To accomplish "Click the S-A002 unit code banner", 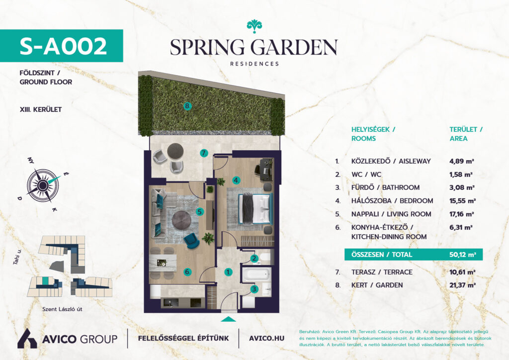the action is click(61, 46).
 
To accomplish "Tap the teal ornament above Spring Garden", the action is click(254, 26).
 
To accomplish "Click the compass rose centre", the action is click(43, 185).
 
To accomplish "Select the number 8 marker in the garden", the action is click(187, 106).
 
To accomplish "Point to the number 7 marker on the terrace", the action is click(204, 153).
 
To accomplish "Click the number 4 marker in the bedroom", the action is click(236, 180).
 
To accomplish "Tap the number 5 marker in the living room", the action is click(200, 212).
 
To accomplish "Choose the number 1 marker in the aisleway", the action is click(228, 272).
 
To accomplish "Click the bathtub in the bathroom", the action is click(256, 274).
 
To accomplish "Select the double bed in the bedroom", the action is click(255, 208).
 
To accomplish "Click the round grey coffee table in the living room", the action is click(181, 220).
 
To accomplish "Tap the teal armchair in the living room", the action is click(192, 241).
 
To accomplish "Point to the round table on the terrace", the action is click(175, 151).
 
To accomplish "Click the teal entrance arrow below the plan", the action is click(229, 319).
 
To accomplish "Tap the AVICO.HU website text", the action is click(266, 339).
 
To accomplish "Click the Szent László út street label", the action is click(62, 309).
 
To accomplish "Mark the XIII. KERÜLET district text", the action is click(41, 110).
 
